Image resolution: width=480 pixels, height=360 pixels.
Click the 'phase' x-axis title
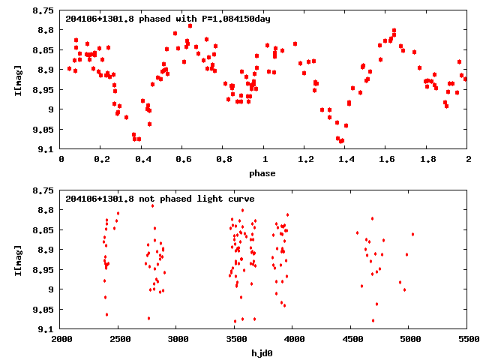(262, 173)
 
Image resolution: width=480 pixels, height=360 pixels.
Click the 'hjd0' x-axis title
(263, 352)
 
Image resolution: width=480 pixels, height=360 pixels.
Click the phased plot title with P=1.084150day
(167, 19)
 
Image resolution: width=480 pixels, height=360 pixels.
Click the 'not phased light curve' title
(160, 199)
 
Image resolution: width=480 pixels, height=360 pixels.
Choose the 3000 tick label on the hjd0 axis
(177, 340)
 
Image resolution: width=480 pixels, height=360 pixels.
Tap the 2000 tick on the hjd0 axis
(61, 340)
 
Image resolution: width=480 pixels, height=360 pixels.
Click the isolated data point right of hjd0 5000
(412, 234)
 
